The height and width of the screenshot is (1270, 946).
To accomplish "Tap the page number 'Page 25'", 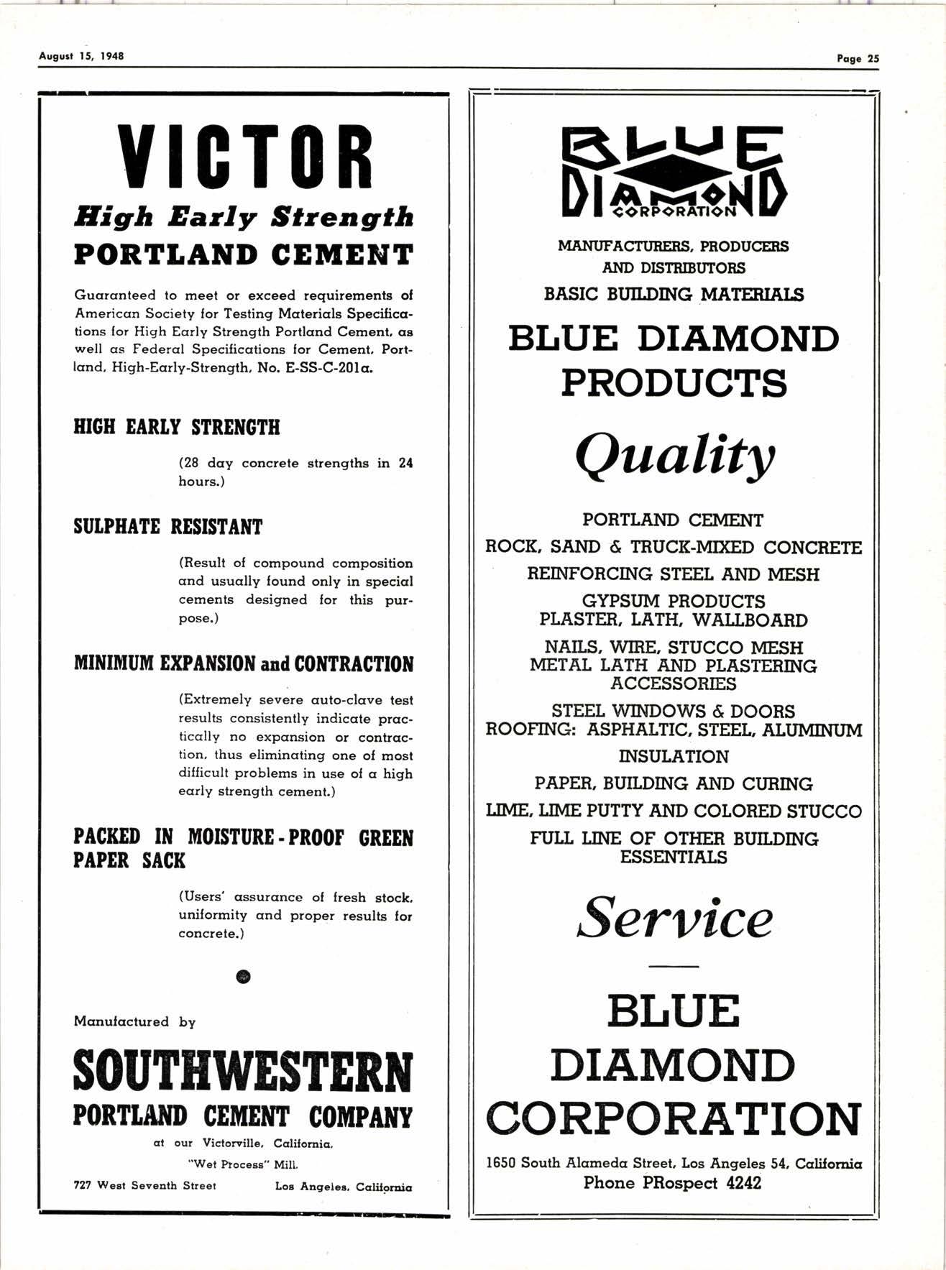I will (858, 59).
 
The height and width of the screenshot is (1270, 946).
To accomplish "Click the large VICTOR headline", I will (244, 157).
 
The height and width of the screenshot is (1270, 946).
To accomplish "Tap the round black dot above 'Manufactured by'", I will (244, 975).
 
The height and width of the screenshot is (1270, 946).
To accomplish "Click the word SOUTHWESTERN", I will (244, 1072).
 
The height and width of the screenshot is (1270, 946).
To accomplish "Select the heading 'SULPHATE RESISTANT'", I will (168, 527).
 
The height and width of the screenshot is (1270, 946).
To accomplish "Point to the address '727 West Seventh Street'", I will (145, 1185).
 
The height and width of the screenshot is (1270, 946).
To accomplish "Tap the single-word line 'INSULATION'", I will (674, 757).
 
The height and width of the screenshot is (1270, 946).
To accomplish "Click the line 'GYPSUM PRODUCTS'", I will (674, 601).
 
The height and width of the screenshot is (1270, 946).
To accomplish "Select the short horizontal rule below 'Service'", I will (674, 966).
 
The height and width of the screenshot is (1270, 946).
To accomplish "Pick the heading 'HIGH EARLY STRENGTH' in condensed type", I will (177, 428).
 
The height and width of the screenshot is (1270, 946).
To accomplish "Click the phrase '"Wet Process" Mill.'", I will (243, 1164).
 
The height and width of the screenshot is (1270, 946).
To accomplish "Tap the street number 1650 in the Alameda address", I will (501, 1163).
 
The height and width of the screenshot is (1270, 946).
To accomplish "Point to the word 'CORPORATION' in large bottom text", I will (674, 1118).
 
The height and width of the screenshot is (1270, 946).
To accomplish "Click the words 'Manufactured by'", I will (134, 1022).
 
